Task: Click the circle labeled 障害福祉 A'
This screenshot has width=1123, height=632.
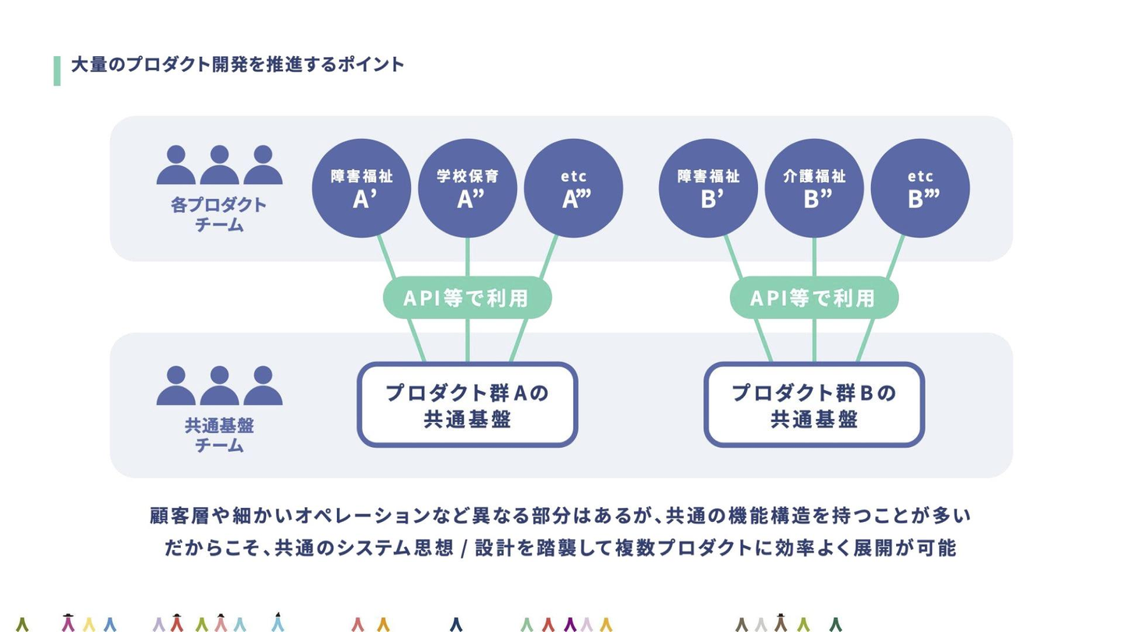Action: (x=362, y=188)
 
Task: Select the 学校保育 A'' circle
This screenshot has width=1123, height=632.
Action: (x=467, y=188)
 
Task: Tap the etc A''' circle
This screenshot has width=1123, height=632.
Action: (x=573, y=188)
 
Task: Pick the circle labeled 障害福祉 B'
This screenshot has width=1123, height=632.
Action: (x=708, y=188)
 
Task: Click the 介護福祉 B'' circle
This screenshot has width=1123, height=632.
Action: (x=814, y=188)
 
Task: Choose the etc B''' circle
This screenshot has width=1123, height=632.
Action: (x=920, y=188)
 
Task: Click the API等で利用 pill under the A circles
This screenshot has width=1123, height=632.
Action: (x=467, y=298)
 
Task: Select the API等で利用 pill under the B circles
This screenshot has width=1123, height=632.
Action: (x=814, y=298)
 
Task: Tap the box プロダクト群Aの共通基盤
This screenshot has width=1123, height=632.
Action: (x=467, y=404)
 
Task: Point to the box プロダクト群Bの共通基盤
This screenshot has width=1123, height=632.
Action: (x=814, y=404)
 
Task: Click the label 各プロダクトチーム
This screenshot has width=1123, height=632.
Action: (x=218, y=215)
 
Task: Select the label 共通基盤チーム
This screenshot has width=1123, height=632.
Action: (x=219, y=435)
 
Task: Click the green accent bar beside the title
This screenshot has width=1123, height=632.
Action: (x=57, y=71)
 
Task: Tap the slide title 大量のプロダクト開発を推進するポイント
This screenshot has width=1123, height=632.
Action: (x=238, y=65)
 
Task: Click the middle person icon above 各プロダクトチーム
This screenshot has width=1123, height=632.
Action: (x=219, y=165)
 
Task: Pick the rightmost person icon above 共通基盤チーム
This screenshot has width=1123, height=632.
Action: (x=263, y=385)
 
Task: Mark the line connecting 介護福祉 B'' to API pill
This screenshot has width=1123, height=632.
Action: (x=814, y=257)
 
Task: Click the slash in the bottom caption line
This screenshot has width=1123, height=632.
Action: (x=464, y=549)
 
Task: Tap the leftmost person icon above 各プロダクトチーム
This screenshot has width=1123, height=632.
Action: (x=176, y=165)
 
